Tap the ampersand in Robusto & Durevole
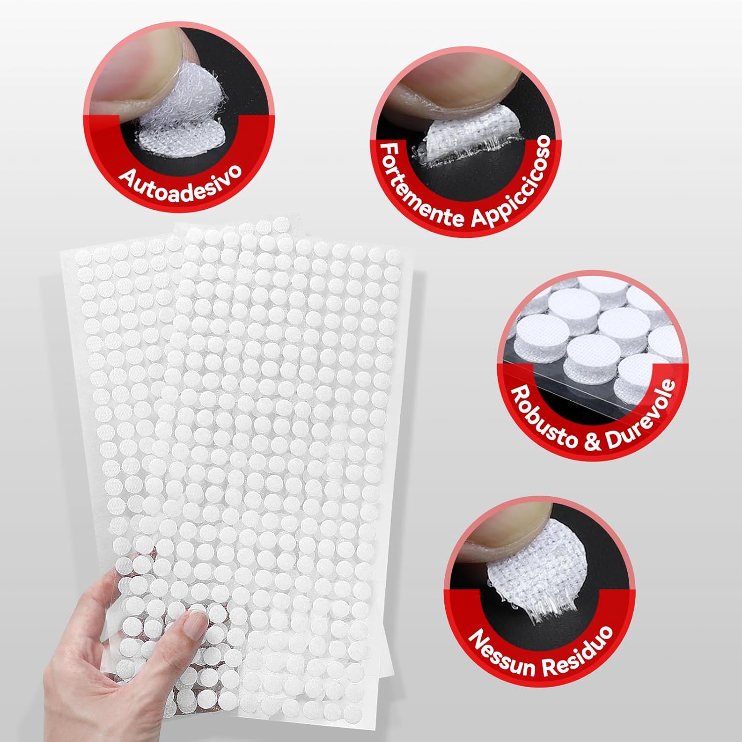coord(593,440)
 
